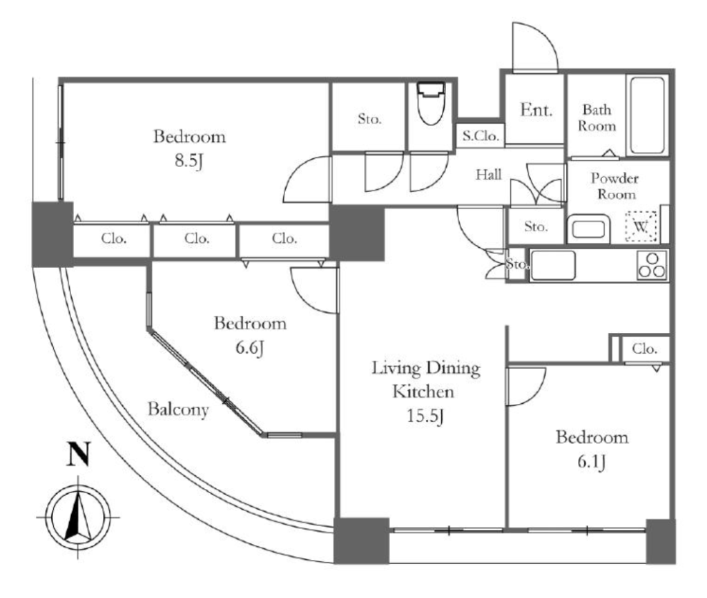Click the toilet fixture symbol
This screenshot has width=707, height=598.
coord(431,103)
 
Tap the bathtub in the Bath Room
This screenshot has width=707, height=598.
coord(647,115)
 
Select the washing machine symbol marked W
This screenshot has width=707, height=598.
coord(641,227)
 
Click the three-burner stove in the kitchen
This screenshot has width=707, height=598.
coord(652,265)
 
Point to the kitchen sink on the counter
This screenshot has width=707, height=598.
coord(553,265)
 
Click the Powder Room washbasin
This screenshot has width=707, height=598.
coord(588,229)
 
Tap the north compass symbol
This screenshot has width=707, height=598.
coord(78,517)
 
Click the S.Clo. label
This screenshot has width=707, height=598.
coord(481,135)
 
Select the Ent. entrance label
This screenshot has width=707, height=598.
coord(536,110)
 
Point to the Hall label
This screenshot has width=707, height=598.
coord(488,174)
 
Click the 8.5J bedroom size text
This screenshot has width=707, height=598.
coord(189,161)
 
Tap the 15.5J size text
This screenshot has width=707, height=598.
coord(425,416)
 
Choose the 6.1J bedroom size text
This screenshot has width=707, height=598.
coord(592,462)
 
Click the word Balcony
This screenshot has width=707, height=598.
coord(178,409)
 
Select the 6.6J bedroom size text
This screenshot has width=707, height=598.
coord(249,348)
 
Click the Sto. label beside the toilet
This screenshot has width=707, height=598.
coord(369,119)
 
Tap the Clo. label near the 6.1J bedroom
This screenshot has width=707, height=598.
coord(644,349)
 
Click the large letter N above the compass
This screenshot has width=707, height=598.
coord(79,454)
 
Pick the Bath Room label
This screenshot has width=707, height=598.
coord(597,117)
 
